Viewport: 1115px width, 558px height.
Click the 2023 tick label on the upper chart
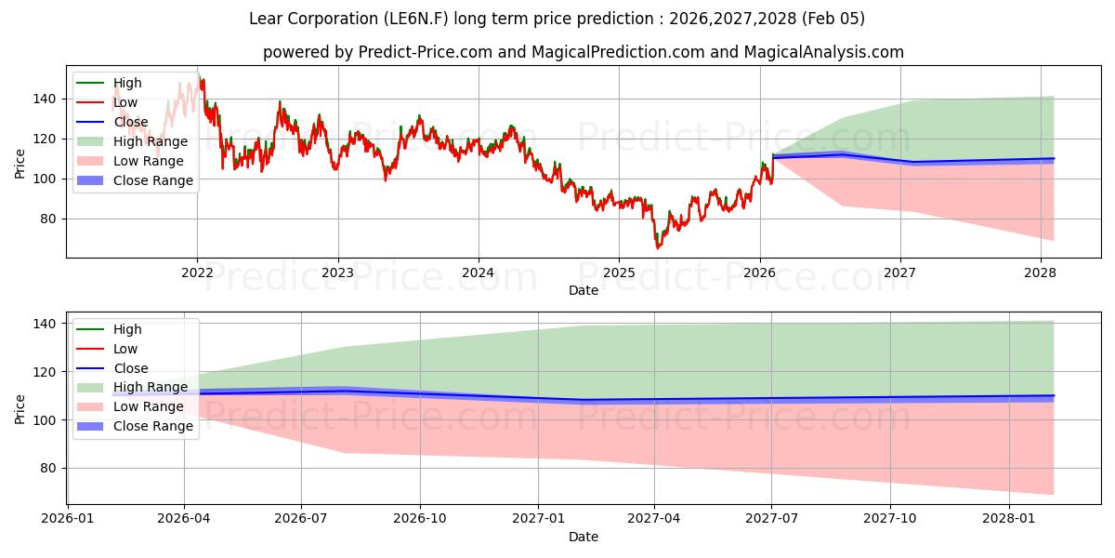click(337, 272)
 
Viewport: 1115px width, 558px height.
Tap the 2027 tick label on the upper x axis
click(900, 272)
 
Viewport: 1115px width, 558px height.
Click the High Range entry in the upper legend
click(150, 141)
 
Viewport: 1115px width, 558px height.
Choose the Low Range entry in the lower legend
click(148, 406)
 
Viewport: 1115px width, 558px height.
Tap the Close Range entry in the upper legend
click(153, 180)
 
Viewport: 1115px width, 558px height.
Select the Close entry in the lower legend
click(131, 368)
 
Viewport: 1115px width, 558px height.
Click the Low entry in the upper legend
click(125, 102)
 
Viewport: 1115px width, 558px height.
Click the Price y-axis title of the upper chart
click(20, 163)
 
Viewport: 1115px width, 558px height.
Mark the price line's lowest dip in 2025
click(658, 247)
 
